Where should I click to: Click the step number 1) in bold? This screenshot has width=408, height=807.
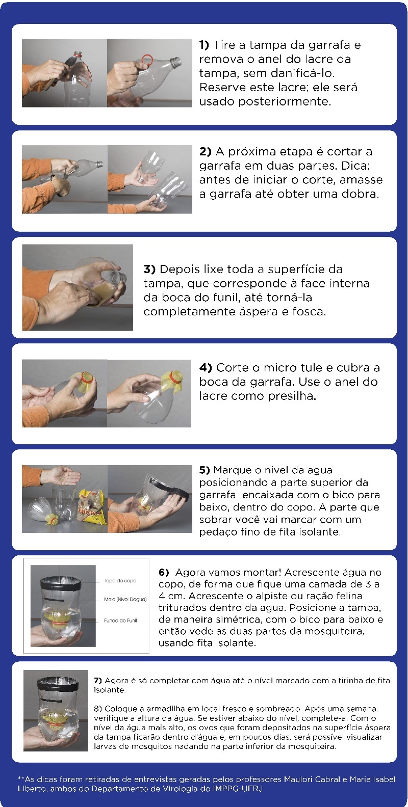[x=204, y=45]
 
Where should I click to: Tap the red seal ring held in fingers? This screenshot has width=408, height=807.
[x=147, y=60]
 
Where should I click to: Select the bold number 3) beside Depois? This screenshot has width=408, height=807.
[x=149, y=270]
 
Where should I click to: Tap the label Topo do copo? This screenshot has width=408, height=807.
[x=120, y=581]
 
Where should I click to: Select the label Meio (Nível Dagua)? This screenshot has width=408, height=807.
[x=125, y=600]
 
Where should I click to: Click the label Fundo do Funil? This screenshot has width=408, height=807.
[x=120, y=621]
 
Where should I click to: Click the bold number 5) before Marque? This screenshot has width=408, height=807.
[x=205, y=470]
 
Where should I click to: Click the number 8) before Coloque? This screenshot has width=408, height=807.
[x=98, y=709]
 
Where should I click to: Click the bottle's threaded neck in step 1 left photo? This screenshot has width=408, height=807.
[x=78, y=55]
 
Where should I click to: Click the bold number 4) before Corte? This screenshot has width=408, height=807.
[x=206, y=368]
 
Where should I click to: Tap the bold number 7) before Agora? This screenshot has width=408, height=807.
[x=98, y=681]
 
